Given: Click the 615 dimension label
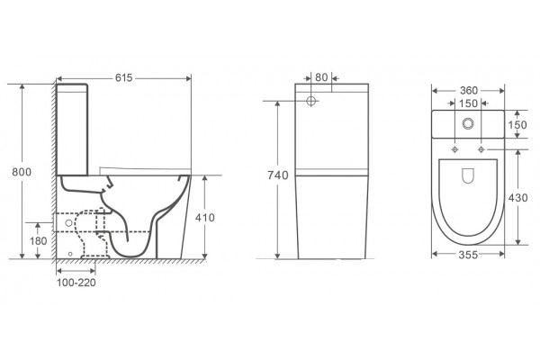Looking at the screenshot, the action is pyautogui.click(x=123, y=78).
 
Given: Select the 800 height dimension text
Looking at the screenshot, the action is pyautogui.click(x=22, y=172).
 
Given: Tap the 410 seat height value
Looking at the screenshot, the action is pyautogui.click(x=205, y=218).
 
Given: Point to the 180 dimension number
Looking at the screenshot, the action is pyautogui.click(x=38, y=241).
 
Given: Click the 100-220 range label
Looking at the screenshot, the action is pyautogui.click(x=76, y=283).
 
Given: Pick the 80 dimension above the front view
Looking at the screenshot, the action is pyautogui.click(x=321, y=77).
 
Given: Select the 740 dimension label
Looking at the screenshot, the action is pyautogui.click(x=278, y=175).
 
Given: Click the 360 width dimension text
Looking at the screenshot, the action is pyautogui.click(x=469, y=91).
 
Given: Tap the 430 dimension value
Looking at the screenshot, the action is pyautogui.click(x=518, y=198).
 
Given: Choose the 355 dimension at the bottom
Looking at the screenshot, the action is pyautogui.click(x=468, y=255).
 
